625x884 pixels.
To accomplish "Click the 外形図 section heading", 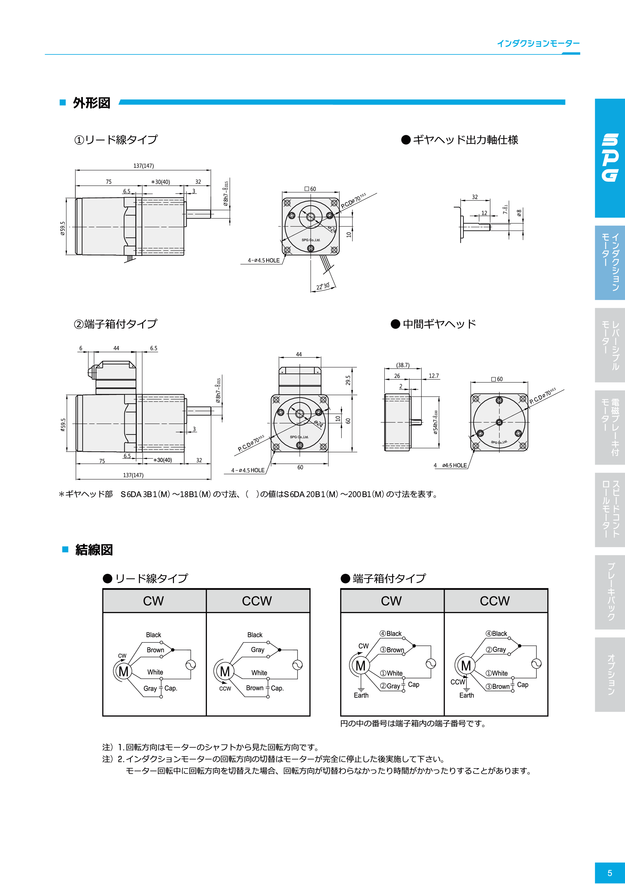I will pos(91,103).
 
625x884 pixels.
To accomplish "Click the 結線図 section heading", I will pos(94,550).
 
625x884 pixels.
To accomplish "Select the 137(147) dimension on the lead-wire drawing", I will pos(143,166).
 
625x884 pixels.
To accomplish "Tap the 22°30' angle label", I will pos(323,286).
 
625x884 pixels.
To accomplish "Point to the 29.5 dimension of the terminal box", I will pos(348,380).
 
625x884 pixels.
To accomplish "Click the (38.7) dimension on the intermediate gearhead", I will pos(403,365).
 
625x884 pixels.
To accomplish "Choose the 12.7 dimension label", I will pos(434,376).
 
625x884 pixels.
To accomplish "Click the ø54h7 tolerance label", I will pos(435,422).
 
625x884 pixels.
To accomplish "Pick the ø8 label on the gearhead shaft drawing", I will pos(519,213).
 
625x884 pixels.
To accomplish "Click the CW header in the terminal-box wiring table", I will pos(391,601).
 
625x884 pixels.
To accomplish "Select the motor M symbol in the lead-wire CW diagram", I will pos(123,671).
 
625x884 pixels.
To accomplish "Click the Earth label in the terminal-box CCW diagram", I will pos(466,695).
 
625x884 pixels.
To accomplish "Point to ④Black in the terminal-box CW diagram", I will pos(391,634).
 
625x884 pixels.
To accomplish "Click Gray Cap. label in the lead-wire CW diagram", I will pos(160,688).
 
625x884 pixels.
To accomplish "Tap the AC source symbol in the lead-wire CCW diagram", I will pos(297,665).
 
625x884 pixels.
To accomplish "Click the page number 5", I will pos(610,873).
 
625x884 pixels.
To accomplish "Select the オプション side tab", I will pos(610,674).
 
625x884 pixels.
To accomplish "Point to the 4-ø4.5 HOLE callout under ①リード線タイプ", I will pos(264,261).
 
